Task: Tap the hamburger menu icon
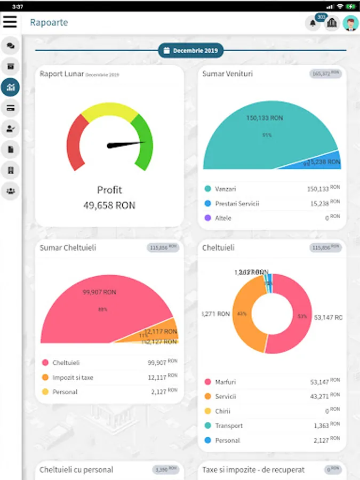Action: pyautogui.click(x=10, y=22)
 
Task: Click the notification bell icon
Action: pyautogui.click(x=312, y=23)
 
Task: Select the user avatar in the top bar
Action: pyautogui.click(x=350, y=23)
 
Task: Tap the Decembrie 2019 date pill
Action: pyautogui.click(x=191, y=51)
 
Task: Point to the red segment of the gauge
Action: pyautogui.click(x=76, y=141)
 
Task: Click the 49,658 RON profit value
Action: pyautogui.click(x=109, y=205)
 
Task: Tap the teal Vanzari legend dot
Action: pyautogui.click(x=207, y=189)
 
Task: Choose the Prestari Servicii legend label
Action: pyautogui.click(x=237, y=203)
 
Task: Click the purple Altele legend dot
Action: pyautogui.click(x=207, y=218)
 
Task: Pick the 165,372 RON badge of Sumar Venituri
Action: pyautogui.click(x=325, y=74)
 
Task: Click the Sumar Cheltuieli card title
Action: pyautogui.click(x=68, y=247)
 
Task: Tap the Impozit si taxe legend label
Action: pyautogui.click(x=73, y=378)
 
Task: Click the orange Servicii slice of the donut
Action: pyautogui.click(x=243, y=315)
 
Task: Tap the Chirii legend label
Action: pyautogui.click(x=223, y=411)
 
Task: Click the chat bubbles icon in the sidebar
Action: pyautogui.click(x=10, y=46)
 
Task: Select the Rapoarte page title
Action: pyautogui.click(x=49, y=22)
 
